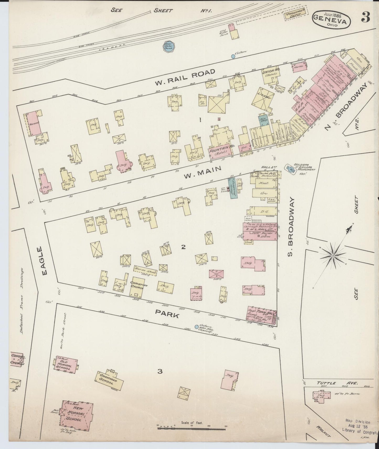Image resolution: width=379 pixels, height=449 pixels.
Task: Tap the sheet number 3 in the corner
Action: click(x=365, y=17)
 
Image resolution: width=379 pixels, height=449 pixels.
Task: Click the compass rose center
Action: click(x=333, y=255)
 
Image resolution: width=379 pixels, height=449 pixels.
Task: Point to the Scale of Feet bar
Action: click(x=191, y=428)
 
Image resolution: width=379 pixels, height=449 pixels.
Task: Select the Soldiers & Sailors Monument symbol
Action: click(x=291, y=169)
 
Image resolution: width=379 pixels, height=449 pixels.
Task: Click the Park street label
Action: click(x=167, y=314)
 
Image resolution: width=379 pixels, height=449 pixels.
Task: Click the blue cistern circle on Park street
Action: click(x=196, y=327)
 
